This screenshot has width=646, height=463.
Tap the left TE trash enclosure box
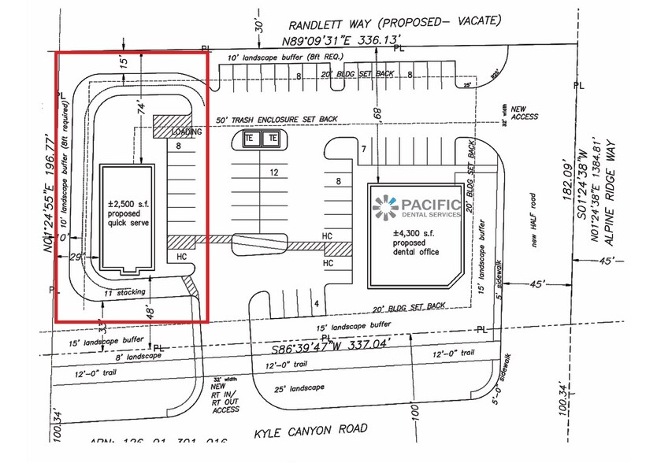249,139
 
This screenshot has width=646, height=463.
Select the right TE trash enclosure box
272,139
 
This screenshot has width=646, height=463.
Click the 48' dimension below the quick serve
149,312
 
